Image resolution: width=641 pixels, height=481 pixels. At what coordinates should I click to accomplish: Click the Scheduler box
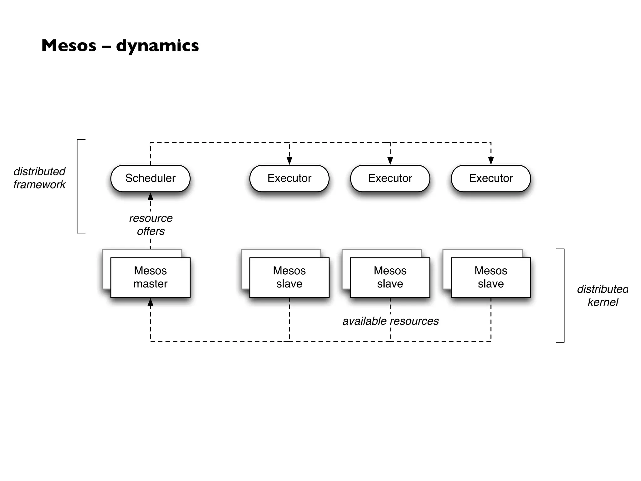[150, 178]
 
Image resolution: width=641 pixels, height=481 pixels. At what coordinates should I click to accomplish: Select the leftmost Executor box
[289, 178]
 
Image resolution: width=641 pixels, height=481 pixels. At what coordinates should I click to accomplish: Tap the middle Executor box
[390, 178]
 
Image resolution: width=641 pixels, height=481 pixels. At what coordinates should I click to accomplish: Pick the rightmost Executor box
[491, 178]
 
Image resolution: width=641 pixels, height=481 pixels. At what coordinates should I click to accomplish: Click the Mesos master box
[150, 277]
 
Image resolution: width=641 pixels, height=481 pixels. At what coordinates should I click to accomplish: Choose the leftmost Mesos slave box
[289, 277]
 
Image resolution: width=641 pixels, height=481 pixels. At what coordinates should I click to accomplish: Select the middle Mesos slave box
[390, 277]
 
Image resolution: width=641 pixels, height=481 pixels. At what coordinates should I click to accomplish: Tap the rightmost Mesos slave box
[491, 277]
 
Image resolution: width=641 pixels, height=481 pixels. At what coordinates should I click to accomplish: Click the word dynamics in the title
[157, 46]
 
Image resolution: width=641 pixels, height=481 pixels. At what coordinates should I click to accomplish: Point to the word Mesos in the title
[69, 46]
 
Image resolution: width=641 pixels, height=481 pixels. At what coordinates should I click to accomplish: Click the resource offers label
[151, 225]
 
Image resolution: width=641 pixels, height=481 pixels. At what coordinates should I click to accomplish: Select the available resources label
[390, 321]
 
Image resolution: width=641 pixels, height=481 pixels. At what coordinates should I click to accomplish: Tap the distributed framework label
[39, 178]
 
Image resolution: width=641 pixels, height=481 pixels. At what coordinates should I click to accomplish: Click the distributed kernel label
[602, 295]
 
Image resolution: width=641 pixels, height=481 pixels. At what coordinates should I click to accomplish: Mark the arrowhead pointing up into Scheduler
[151, 197]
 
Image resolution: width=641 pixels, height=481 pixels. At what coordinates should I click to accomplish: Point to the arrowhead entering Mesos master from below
[151, 302]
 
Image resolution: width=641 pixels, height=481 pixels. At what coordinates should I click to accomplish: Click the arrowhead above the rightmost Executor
[491, 161]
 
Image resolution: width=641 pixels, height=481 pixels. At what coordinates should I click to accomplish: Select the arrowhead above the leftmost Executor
[289, 161]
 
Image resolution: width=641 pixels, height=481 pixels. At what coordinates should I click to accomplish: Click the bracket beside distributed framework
[78, 186]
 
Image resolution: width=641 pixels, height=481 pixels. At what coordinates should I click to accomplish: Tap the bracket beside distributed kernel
[564, 295]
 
